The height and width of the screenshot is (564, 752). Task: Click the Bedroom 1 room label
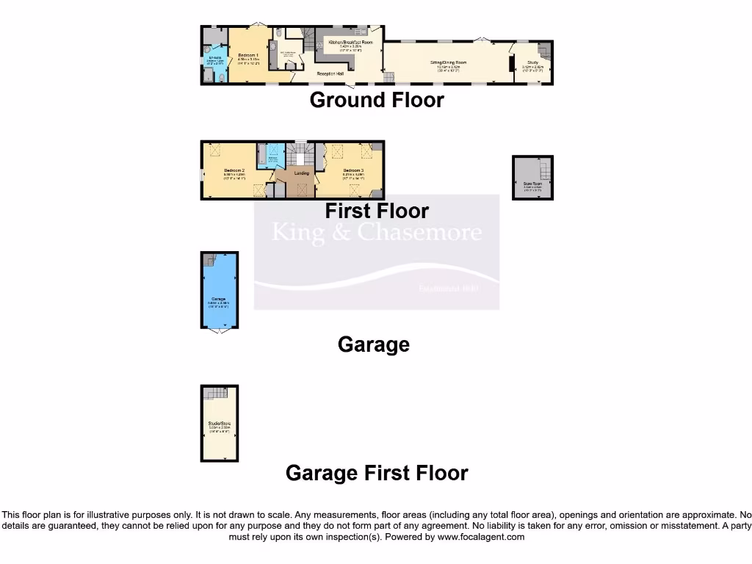[247, 55]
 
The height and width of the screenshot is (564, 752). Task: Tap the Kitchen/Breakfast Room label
[350, 43]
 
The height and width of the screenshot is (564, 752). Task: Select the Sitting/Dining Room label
[448, 63]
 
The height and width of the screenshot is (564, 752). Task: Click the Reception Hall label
[330, 74]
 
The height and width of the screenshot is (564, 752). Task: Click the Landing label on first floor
[301, 173]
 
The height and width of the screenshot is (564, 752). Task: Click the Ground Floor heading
[377, 100]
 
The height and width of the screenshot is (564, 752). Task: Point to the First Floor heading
[377, 211]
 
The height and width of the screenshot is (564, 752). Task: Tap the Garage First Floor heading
[377, 473]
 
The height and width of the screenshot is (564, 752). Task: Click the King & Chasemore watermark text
[377, 234]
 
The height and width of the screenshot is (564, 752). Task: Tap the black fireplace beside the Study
[512, 65]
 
